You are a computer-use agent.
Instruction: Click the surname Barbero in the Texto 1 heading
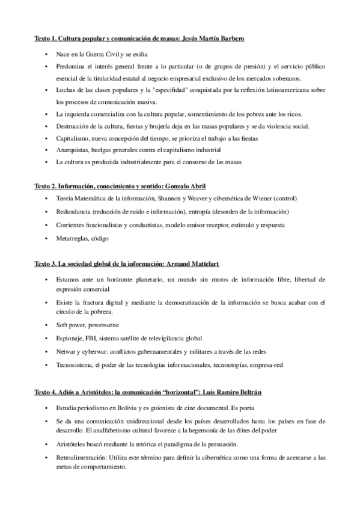click(x=229, y=38)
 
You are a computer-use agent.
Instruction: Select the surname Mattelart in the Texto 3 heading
click(x=226, y=263)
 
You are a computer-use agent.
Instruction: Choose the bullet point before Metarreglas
click(x=47, y=239)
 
